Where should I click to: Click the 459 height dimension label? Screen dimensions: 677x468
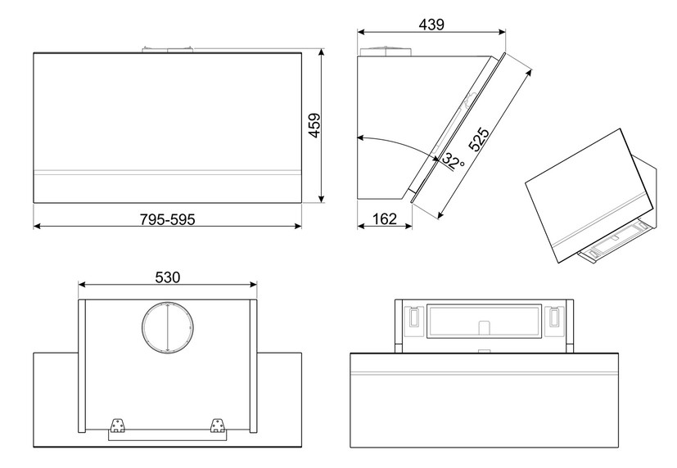(x=315, y=125)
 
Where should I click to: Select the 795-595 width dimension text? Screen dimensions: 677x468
(x=168, y=219)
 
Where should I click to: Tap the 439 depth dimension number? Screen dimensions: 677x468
(x=431, y=25)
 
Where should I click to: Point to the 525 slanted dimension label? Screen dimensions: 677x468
(x=479, y=139)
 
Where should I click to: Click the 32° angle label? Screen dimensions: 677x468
(x=454, y=162)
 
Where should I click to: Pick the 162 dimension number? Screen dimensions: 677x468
(x=384, y=219)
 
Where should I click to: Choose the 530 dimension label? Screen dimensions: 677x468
(x=168, y=277)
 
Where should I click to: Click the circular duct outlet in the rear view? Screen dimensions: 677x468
(x=168, y=327)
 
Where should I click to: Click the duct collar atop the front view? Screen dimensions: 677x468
(x=168, y=50)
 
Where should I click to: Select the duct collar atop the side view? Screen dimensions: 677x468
(x=386, y=51)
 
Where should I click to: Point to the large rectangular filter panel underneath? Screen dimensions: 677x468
(x=484, y=321)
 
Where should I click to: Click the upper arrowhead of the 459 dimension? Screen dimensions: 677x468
(x=321, y=52)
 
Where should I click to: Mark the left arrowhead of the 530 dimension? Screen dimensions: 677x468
(x=82, y=284)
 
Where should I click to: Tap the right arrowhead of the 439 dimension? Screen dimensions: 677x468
(x=502, y=31)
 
